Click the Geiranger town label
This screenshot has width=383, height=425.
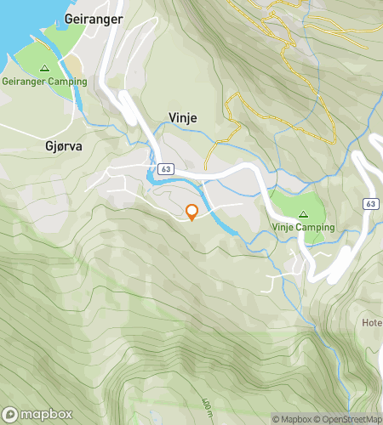94,18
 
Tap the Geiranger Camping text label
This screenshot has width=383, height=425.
44,82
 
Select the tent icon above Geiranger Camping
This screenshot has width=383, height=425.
44,67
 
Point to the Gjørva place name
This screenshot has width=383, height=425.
64,145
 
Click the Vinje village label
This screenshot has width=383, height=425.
182,118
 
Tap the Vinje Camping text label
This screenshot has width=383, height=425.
304,228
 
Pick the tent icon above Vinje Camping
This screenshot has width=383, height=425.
304,213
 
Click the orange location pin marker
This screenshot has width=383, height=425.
192,212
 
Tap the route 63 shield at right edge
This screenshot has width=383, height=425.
370,204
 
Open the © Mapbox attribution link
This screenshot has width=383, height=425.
292,419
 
